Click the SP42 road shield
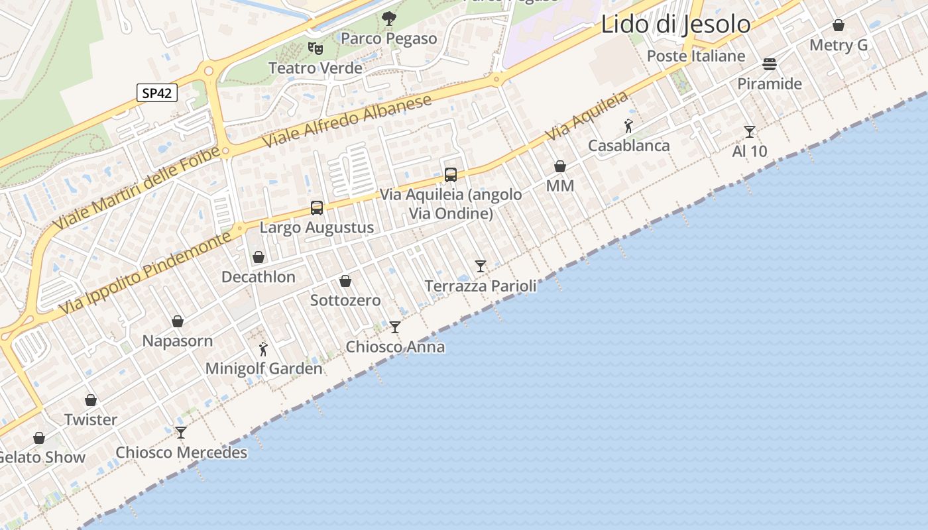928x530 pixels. pyautogui.click(x=157, y=93)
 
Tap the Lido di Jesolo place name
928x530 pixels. pyautogui.click(x=675, y=25)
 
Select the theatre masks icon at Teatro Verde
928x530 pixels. pyautogui.click(x=316, y=48)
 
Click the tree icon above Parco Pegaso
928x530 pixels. pyautogui.click(x=389, y=19)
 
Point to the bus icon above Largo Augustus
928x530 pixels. pyautogui.click(x=317, y=208)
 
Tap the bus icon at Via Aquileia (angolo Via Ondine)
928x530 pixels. pyautogui.click(x=451, y=175)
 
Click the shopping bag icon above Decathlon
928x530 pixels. pyautogui.click(x=259, y=257)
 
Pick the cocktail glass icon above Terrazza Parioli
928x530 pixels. pyautogui.click(x=481, y=266)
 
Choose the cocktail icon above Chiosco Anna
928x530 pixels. pyautogui.click(x=395, y=327)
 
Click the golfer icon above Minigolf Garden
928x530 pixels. pyautogui.click(x=263, y=348)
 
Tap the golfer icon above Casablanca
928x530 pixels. pyautogui.click(x=628, y=125)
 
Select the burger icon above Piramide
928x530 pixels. pyautogui.click(x=770, y=64)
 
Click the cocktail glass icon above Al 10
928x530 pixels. pyautogui.click(x=750, y=132)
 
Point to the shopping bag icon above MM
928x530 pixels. pyautogui.click(x=560, y=166)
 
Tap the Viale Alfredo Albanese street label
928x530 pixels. pyautogui.click(x=347, y=121)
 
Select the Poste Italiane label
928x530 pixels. pyautogui.click(x=696, y=56)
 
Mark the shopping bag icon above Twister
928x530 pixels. pyautogui.click(x=91, y=400)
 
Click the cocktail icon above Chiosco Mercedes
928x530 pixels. pyautogui.click(x=181, y=433)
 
